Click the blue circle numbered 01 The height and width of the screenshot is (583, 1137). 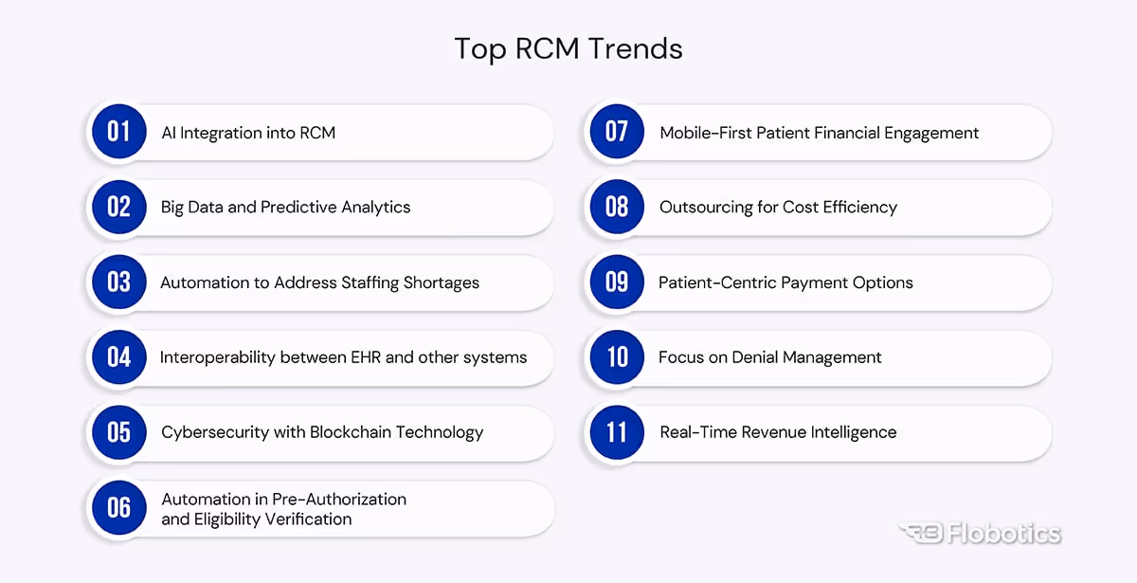118,132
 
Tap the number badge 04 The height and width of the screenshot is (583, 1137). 118,357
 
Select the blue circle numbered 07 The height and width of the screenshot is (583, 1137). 617,132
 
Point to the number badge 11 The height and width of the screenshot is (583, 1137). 617,432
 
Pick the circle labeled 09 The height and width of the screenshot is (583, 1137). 617,282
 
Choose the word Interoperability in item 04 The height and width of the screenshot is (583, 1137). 218,357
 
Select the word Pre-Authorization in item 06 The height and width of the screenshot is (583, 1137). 339,499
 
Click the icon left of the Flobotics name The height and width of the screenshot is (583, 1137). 918,534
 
